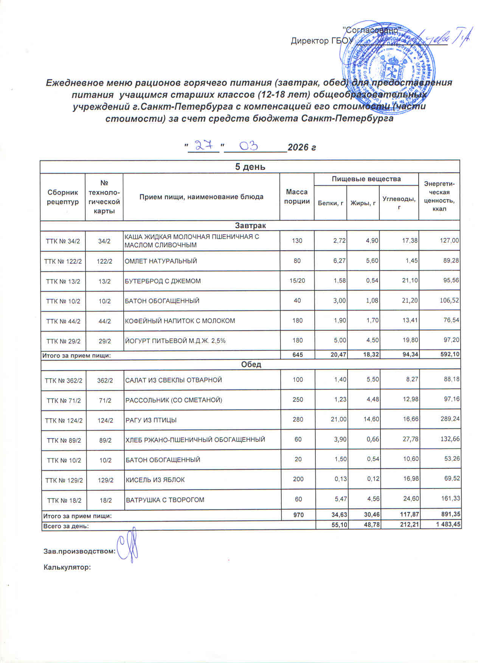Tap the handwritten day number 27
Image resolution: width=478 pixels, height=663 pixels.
click(x=203, y=145)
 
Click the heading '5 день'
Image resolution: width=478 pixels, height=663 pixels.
click(x=250, y=167)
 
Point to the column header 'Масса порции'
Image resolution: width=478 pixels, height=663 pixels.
click(x=297, y=197)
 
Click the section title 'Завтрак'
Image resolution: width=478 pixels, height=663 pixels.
click(x=250, y=226)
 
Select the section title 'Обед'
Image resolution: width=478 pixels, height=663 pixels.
click(x=251, y=364)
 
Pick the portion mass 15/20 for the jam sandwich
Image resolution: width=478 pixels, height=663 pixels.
click(x=297, y=281)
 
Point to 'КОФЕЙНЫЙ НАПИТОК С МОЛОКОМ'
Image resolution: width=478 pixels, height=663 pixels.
click(x=180, y=321)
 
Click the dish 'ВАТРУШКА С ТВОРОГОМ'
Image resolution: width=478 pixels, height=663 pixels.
click(x=165, y=500)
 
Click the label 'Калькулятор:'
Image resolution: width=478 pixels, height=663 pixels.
click(x=67, y=567)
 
